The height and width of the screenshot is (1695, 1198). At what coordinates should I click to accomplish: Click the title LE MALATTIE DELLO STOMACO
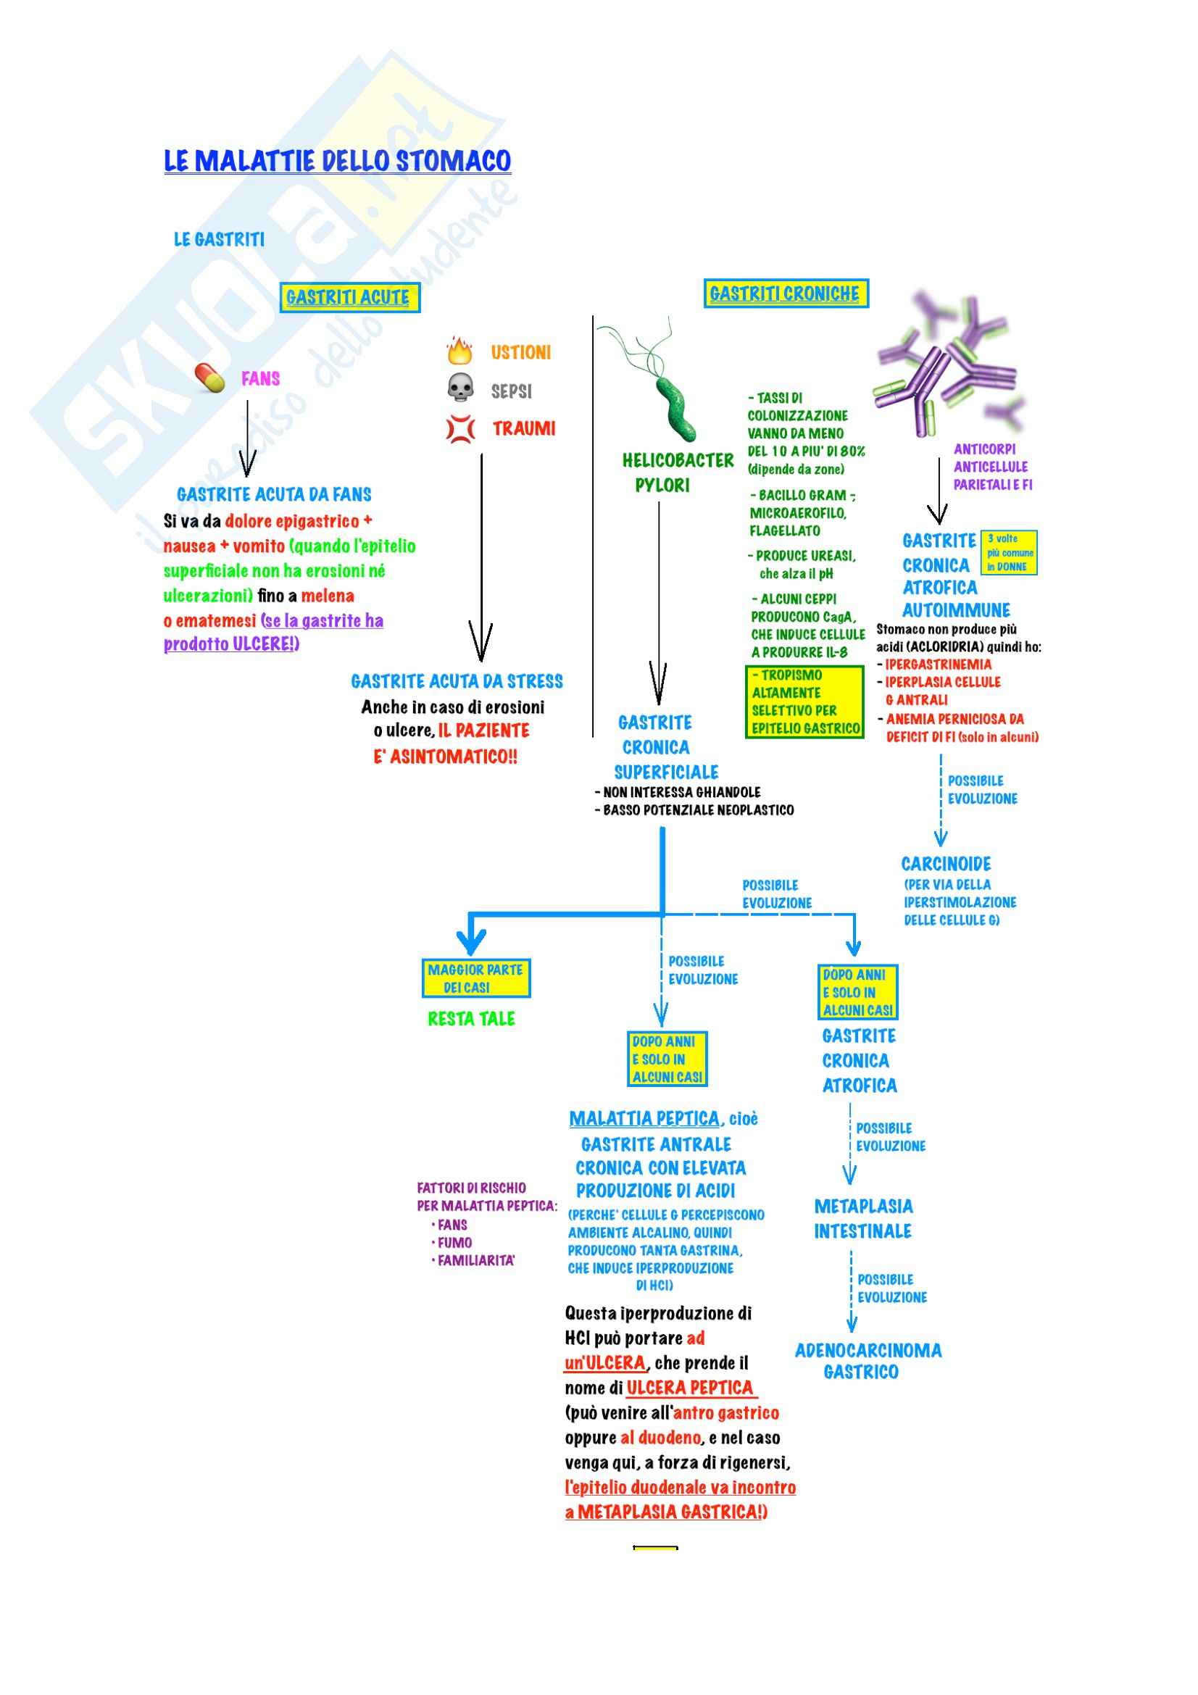tap(337, 161)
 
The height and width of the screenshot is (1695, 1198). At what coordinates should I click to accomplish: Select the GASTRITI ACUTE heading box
tap(350, 298)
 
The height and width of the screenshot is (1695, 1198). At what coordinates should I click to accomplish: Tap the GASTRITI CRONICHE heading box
tap(786, 293)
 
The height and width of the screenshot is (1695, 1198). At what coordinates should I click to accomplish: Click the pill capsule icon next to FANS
tap(209, 378)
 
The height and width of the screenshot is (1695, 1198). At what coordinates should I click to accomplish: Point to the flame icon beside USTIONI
tap(459, 351)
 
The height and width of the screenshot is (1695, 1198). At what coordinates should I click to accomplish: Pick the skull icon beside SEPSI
tap(461, 388)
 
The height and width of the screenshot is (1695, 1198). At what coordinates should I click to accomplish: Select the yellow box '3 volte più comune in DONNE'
tap(1010, 552)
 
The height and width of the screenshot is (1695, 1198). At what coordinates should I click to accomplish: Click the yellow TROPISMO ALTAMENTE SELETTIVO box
tap(804, 701)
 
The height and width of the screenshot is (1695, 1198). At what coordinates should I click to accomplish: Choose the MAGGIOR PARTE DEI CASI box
tap(476, 978)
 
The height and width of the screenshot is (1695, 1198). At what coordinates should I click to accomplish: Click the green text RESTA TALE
tap(472, 1019)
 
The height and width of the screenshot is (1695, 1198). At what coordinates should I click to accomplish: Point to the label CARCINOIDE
tap(946, 864)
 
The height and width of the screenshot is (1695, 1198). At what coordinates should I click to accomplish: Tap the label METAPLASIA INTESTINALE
tap(863, 1219)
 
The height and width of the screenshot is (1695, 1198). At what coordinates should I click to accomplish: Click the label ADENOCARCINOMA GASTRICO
tap(868, 1362)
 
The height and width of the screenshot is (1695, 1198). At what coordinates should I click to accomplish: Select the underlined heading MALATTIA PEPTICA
tap(644, 1118)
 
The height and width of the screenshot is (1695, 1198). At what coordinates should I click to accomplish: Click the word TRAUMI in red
tap(524, 428)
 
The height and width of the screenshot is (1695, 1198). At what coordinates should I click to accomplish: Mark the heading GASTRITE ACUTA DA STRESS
tap(457, 681)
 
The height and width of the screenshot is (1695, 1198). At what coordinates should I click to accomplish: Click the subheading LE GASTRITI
tap(219, 239)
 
